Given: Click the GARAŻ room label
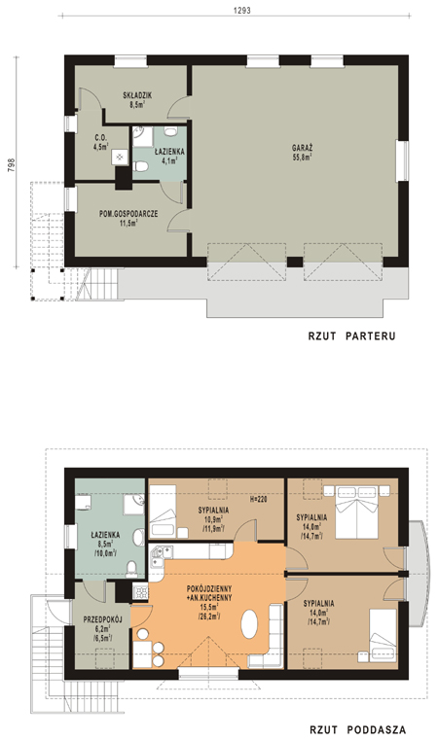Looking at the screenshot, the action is coord(303,148).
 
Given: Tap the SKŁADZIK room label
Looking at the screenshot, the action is coord(137,95).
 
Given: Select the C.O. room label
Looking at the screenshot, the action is coord(100,137).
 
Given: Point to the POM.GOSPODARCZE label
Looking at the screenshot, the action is coord(128,214).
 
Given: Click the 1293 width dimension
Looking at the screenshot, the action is coord(241,10).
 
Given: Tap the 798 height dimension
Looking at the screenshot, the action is coord(13,164).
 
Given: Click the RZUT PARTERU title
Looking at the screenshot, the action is coord(351,336).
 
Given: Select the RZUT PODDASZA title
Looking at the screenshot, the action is coord(357,730).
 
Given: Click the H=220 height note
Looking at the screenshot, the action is coord(258,500).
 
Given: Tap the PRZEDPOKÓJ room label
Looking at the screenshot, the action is coord(103,619).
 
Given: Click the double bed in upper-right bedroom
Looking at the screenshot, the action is coord(357,512).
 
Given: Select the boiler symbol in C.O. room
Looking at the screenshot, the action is coord(120,158).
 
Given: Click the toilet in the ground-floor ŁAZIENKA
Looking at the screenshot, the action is coord(140,166).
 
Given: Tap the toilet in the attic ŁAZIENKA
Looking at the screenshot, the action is coord(131,569).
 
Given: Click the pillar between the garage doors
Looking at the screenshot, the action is coord(295,263).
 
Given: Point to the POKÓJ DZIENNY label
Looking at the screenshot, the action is coord(209,589).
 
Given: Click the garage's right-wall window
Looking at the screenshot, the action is coord(403,160).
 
